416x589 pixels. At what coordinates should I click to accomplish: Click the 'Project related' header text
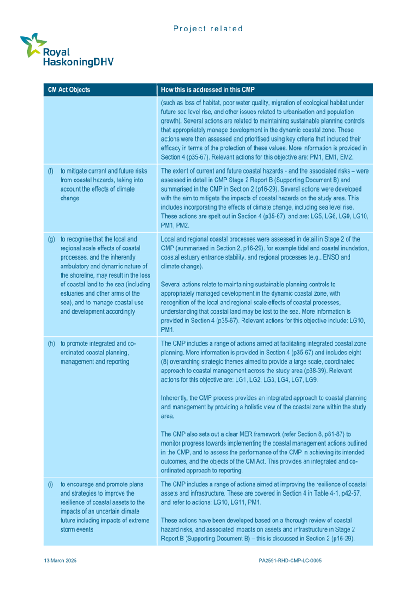click(208, 29)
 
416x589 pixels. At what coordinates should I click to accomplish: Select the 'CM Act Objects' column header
click(69, 90)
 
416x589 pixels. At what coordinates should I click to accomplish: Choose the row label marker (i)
click(50, 484)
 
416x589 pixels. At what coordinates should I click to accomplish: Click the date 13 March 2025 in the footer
click(60, 560)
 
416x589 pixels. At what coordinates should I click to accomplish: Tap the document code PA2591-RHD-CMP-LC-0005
click(290, 560)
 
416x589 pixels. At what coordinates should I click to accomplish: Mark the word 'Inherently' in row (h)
click(174, 397)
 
